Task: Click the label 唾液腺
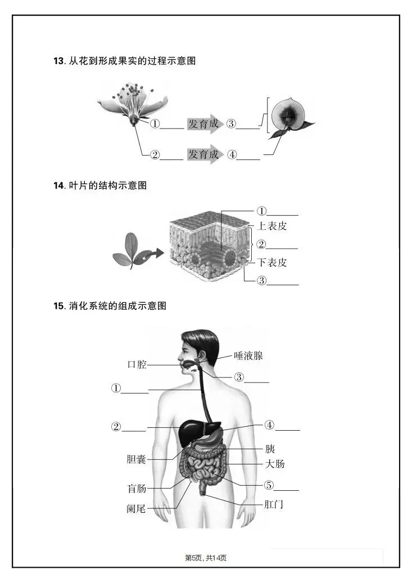tap(248, 355)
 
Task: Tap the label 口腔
tap(137, 364)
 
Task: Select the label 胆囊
tap(136, 459)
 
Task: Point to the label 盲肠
tap(137, 488)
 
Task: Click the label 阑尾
tap(136, 509)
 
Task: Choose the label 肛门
tap(274, 505)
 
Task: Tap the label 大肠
tap(275, 464)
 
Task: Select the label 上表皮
tap(272, 227)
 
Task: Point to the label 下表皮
tap(272, 262)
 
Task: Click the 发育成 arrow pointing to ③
tap(204, 124)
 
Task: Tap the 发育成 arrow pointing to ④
tap(204, 154)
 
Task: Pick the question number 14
tap(58, 186)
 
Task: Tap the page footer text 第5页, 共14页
tap(206, 558)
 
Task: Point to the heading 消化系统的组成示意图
tap(118, 306)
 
